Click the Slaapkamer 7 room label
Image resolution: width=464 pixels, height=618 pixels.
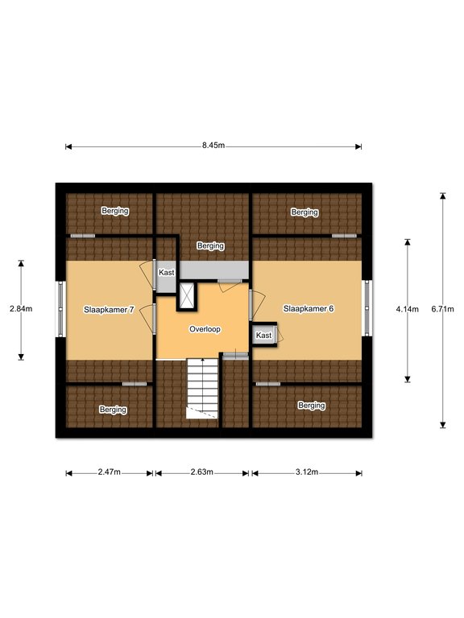tap(109, 310)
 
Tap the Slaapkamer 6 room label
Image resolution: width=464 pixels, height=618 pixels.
tap(309, 309)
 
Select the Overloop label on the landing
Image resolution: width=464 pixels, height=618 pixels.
tap(205, 329)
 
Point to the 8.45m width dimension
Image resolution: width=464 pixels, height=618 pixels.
tap(213, 145)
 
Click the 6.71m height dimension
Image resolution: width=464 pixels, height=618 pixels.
tap(443, 309)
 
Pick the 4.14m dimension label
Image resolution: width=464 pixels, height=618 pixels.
tap(407, 309)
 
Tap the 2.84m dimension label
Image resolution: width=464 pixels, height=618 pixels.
tap(21, 309)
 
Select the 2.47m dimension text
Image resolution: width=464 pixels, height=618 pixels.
tap(110, 472)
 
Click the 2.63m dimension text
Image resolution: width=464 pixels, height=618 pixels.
tap(202, 472)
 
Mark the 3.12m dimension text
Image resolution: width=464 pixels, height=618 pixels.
tap(307, 472)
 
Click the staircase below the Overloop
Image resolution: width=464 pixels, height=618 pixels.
tap(202, 388)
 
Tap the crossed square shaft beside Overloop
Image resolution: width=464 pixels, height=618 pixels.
tap(187, 296)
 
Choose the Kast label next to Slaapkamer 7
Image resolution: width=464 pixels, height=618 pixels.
tap(167, 272)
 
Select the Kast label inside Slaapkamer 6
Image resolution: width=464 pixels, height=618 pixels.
tap(263, 336)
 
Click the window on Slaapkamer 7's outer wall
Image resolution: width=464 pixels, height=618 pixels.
tap(60, 309)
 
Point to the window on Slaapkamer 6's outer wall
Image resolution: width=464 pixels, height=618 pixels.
tap(367, 308)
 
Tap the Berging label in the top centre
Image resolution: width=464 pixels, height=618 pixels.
tap(211, 246)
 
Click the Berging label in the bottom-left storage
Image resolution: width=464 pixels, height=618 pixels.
tap(113, 410)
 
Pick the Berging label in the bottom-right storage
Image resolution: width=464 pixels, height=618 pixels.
tap(312, 406)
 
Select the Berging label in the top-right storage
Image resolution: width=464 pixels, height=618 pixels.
tap(304, 212)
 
